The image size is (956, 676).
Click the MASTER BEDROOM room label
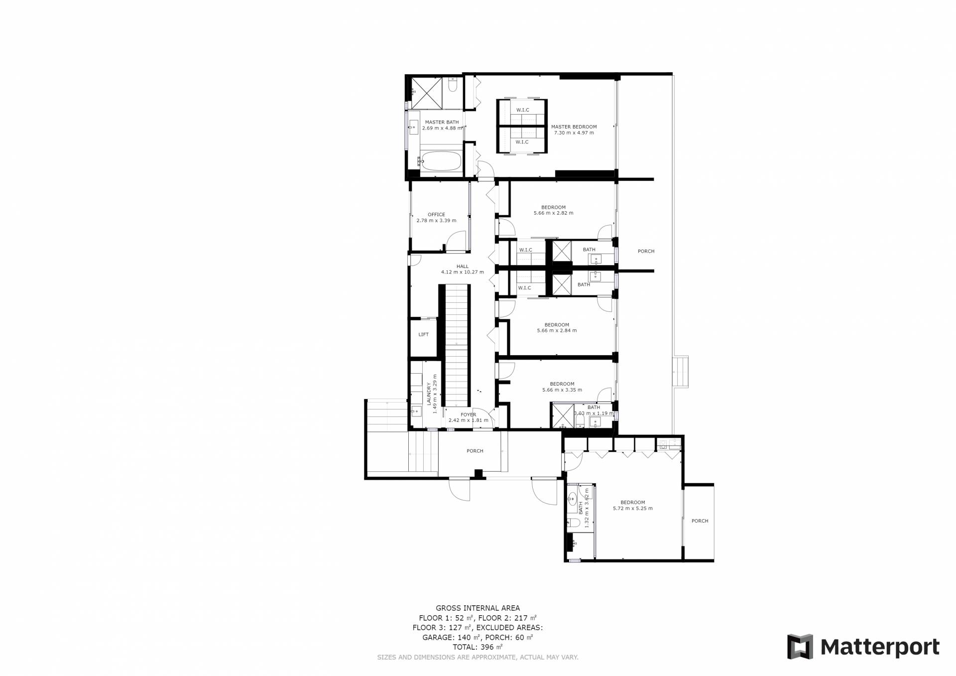(574, 127)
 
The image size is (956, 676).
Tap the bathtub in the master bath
(441, 161)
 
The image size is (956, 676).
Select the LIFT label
(423, 334)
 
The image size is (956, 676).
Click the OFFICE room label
(436, 215)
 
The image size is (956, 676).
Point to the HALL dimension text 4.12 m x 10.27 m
(463, 272)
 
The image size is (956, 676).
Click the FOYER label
(468, 414)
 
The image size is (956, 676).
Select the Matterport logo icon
(800, 647)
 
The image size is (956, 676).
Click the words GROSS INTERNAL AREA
(478, 608)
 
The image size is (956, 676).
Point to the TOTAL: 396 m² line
(478, 647)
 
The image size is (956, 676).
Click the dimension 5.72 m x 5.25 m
(632, 508)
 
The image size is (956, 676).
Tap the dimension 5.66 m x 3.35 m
(562, 390)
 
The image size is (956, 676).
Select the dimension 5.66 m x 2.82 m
(554, 213)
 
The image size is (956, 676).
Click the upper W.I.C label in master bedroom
(522, 110)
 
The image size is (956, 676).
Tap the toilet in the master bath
(452, 86)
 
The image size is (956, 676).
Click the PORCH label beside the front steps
(475, 451)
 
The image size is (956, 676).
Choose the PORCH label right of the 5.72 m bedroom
(700, 521)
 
